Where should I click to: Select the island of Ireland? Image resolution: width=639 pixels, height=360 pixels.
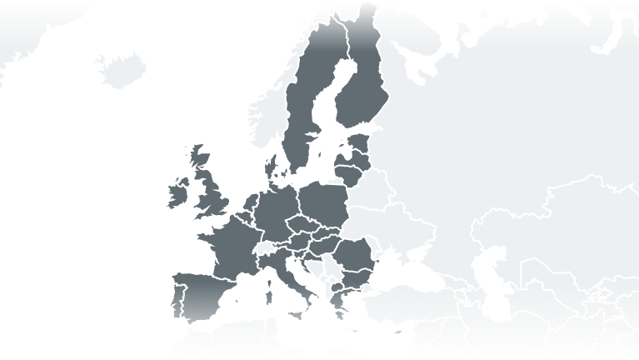click(x=177, y=194)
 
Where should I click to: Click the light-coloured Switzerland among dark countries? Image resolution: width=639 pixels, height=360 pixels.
click(x=265, y=249)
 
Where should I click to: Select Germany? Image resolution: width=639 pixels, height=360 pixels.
click(x=275, y=212)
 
